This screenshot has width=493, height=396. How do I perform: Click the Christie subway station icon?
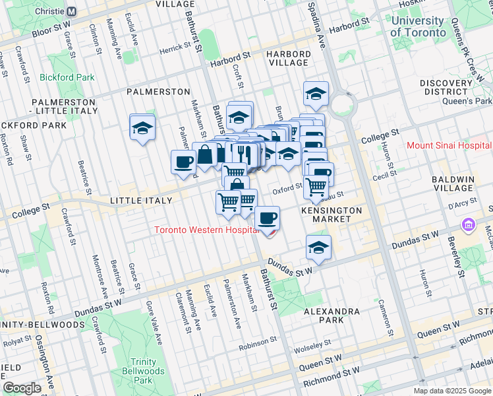point(72,11)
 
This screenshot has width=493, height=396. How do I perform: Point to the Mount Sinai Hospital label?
point(449,145)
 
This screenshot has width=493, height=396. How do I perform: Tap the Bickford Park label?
point(67,77)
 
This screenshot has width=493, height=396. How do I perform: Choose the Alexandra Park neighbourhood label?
point(332,315)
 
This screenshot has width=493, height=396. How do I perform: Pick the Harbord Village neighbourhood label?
point(288,59)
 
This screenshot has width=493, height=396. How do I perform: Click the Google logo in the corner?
point(22,387)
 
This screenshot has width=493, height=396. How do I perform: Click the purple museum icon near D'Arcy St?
point(469,225)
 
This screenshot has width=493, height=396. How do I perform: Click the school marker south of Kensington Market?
point(318,247)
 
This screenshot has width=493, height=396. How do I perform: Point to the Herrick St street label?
point(174,48)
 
